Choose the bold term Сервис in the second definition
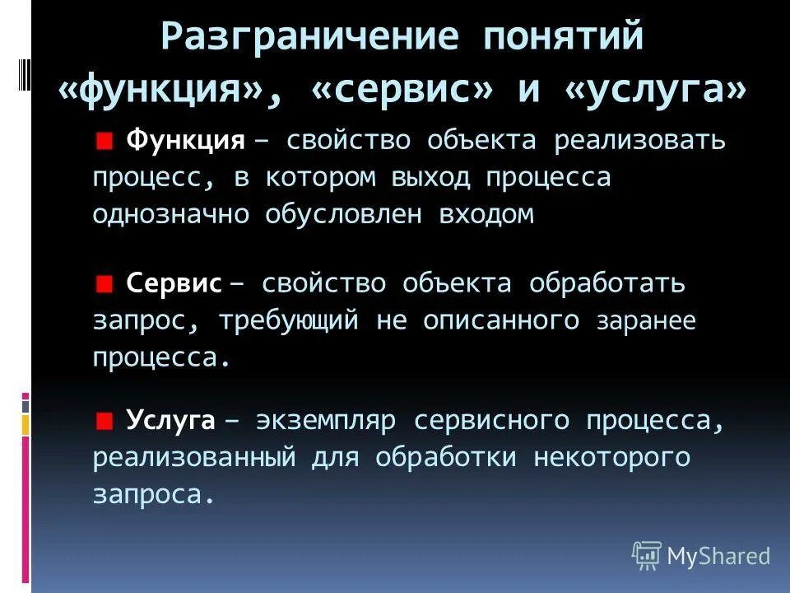tap(174, 284)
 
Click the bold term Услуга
tap(170, 422)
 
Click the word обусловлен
tap(355, 214)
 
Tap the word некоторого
tap(611, 458)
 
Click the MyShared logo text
tap(718, 556)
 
